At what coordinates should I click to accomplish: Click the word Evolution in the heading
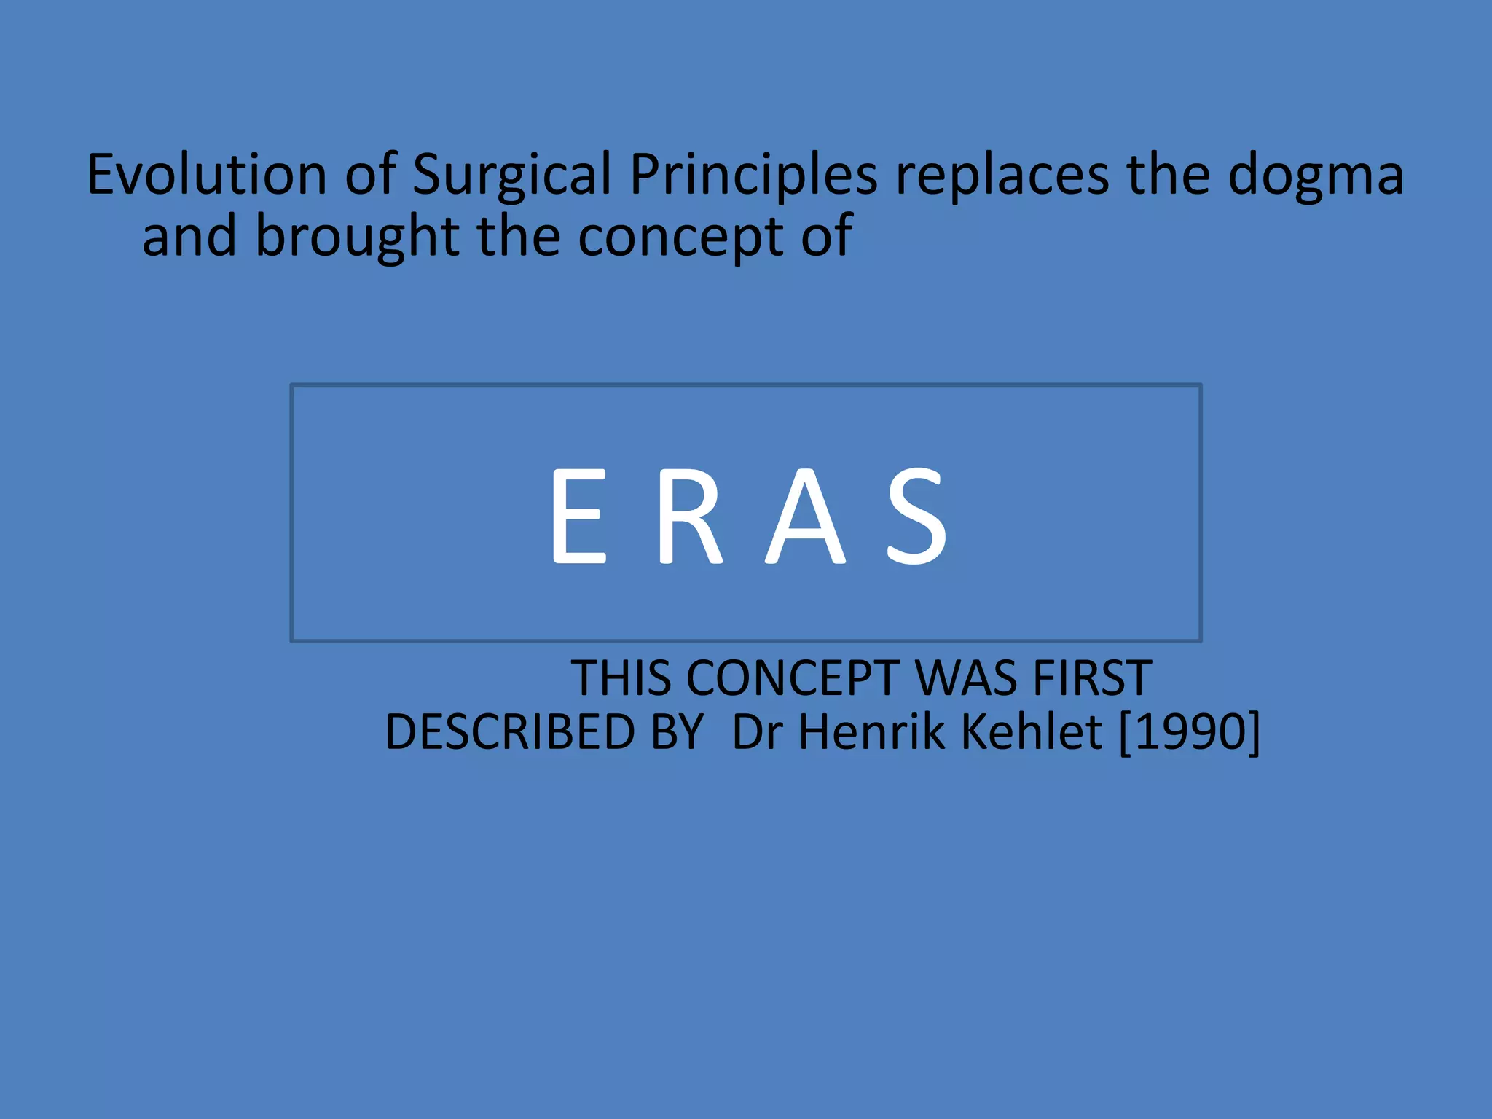click(x=207, y=175)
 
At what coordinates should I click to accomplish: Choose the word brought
click(x=357, y=237)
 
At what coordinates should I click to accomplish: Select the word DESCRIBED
click(x=509, y=731)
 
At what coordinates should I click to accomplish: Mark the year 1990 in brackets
click(x=1189, y=731)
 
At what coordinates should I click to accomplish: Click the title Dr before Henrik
click(x=757, y=731)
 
